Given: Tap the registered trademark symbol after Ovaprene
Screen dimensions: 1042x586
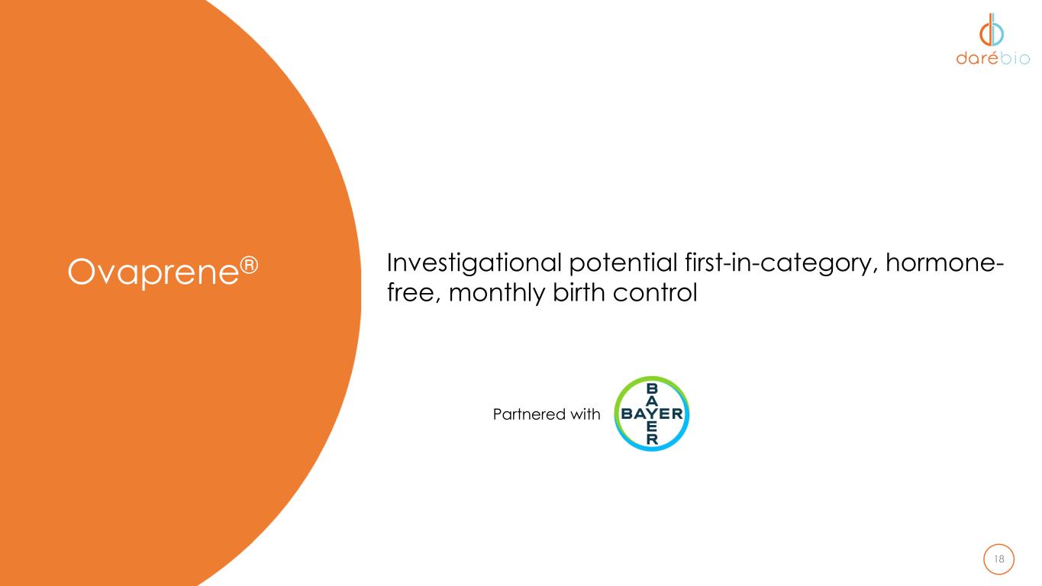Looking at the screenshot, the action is pos(249,265).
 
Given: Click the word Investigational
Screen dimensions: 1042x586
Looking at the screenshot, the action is pos(475,263).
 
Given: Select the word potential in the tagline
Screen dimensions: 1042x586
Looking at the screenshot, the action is pos(624,263).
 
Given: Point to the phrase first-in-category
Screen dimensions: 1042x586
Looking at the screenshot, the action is pos(781,263).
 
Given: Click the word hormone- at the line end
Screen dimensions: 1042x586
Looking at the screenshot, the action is pos(944,262).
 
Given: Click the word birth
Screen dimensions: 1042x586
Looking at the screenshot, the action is pos(579,292).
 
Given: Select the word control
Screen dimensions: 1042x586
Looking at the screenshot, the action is pos(655,292).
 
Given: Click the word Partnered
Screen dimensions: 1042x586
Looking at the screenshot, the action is pos(528,414).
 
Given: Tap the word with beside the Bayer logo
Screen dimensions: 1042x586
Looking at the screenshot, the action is pos(586,414).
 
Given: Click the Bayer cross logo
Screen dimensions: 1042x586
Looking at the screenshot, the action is pos(652,414).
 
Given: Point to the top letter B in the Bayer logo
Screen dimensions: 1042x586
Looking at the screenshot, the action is pos(652,388).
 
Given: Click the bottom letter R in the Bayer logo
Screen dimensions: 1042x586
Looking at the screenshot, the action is pos(652,439).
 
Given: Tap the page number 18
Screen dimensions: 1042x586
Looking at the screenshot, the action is pos(998,559).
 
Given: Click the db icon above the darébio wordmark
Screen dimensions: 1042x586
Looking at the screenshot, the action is pos(992,30).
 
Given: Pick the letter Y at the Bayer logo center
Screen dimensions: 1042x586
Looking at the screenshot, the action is pos(652,414).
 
